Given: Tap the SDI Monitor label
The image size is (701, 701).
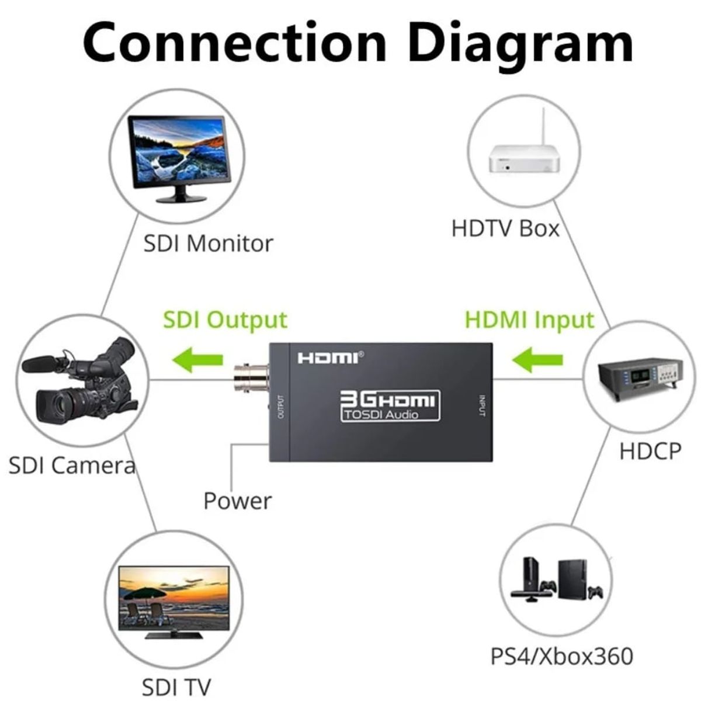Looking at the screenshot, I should [208, 243].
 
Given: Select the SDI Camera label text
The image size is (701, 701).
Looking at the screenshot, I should [72, 466].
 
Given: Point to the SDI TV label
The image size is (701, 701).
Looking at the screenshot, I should [176, 687].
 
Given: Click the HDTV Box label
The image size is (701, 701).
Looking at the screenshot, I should [505, 228].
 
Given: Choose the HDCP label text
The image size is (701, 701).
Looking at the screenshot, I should [650, 452].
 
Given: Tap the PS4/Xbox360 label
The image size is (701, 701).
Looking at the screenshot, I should [561, 656].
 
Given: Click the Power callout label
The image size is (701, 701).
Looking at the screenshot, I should [237, 501].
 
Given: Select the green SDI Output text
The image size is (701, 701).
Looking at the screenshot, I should [225, 320].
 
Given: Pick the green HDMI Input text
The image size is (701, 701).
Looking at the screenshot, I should [529, 320].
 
